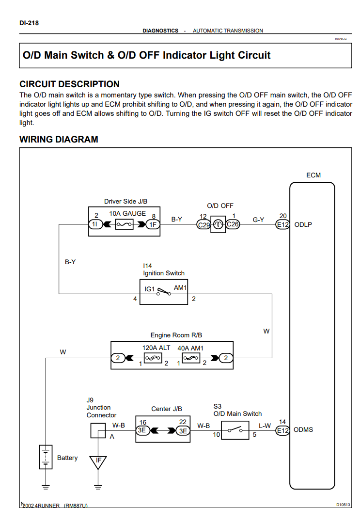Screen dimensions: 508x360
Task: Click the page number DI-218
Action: coord(29,22)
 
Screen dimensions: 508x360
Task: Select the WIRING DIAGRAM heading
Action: coord(59,140)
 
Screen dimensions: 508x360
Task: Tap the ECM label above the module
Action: coord(313,175)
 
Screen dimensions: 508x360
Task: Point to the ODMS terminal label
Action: coord(303,429)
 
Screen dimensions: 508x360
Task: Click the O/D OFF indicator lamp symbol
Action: coord(218,224)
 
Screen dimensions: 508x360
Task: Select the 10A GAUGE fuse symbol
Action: coord(127,224)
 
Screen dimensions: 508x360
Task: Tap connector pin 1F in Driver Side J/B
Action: coord(153,224)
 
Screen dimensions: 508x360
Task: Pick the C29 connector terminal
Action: coord(203,224)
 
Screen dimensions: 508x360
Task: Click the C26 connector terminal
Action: coord(233,224)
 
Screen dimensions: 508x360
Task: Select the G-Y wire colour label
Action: coord(258,219)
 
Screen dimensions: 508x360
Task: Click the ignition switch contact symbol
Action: coord(163,292)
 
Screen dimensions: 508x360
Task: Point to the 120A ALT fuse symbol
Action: coord(153,358)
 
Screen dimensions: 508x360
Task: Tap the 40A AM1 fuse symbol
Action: coord(190,358)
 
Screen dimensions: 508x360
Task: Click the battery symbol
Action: coord(46,457)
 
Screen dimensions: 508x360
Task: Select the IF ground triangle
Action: coord(98,461)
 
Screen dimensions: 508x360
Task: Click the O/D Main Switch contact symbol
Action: coord(236,430)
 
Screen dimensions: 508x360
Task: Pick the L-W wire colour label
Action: coord(265,426)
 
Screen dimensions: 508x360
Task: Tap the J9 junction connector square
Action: coord(98,430)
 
